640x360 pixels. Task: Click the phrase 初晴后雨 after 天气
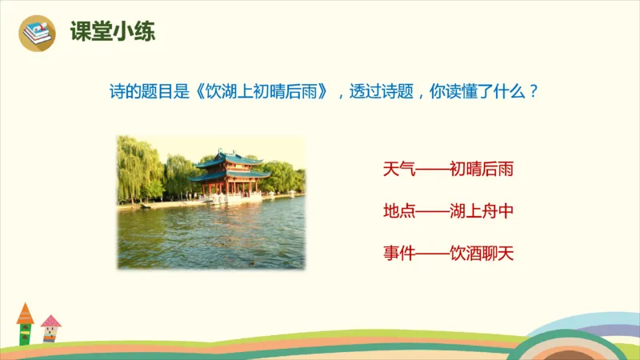click(x=481, y=170)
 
